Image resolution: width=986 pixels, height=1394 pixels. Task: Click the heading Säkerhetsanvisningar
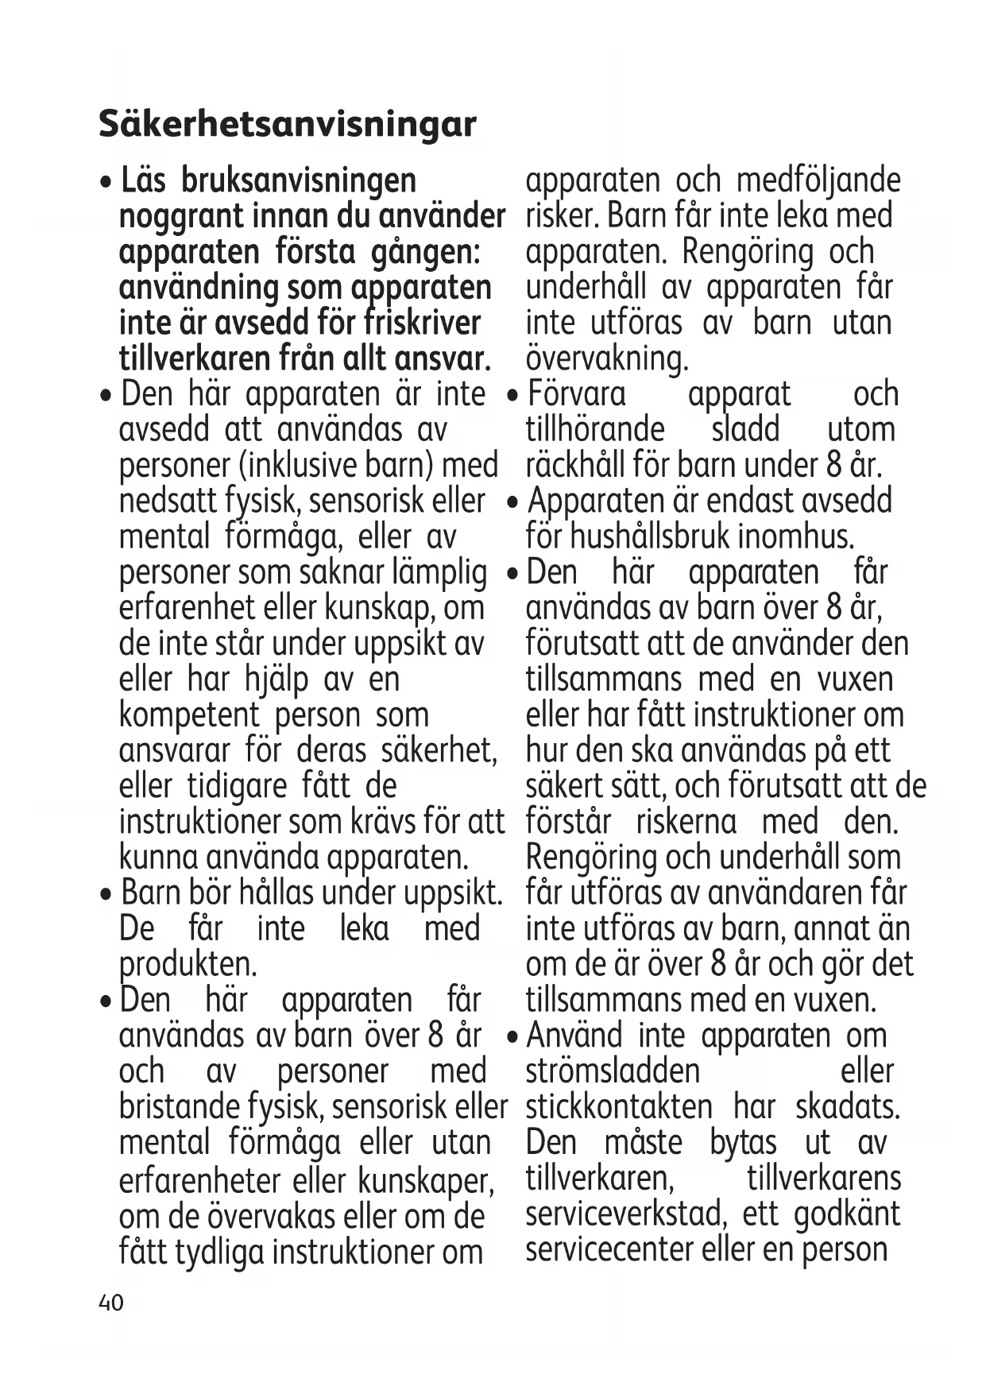pos(287,124)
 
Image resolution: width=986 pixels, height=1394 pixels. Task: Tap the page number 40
pos(111,1303)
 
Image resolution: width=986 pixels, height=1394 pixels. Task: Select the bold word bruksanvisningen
pos(298,181)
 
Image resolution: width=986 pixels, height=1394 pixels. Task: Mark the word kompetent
pos(188,715)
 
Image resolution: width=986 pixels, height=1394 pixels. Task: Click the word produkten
pos(188,965)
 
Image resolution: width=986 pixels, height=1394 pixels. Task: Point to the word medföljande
pos(818,181)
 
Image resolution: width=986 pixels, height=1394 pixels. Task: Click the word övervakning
pos(606,359)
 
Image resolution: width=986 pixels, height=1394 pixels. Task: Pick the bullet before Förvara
pos(515,396)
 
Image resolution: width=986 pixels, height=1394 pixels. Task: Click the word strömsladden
pos(612,1071)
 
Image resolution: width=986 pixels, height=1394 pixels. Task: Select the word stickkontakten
pos(619,1107)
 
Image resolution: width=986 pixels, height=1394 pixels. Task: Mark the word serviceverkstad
pos(624,1214)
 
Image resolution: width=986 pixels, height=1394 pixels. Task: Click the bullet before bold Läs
pos(106,183)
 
